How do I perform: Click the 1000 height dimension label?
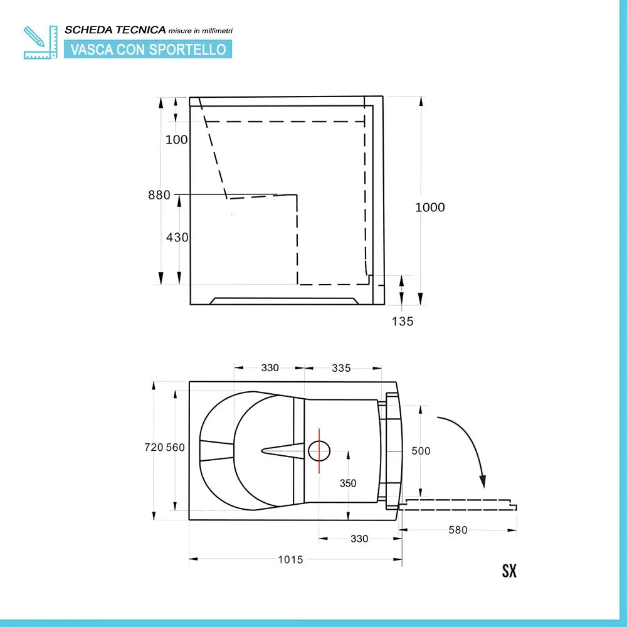[430, 208]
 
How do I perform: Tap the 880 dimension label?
[159, 195]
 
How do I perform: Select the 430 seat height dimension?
[177, 238]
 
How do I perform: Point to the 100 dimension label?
[176, 139]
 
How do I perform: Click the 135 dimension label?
[403, 322]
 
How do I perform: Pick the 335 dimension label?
[341, 368]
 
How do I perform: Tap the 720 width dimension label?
[154, 447]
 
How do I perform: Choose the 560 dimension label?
[175, 447]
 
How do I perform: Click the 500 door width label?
[421, 451]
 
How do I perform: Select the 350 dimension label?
[347, 483]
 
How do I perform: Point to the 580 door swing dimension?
[458, 530]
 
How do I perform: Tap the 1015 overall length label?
[290, 559]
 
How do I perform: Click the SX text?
[509, 571]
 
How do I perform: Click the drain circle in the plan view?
[319, 450]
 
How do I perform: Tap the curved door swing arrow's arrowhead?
[482, 483]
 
